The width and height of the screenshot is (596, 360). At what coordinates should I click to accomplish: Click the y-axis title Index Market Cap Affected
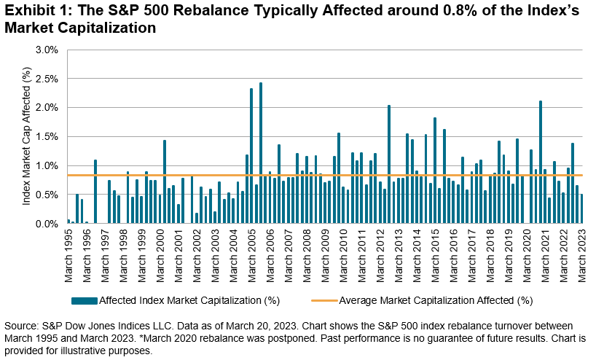26,138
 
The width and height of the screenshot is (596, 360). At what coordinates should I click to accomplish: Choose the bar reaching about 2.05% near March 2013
389,164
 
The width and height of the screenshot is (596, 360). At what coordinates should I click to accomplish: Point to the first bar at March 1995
68,222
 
